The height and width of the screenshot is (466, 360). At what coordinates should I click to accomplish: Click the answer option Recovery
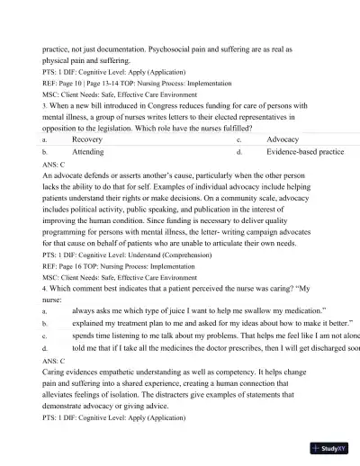[x=86, y=140]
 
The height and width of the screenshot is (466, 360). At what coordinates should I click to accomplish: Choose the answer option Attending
[x=87, y=153]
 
